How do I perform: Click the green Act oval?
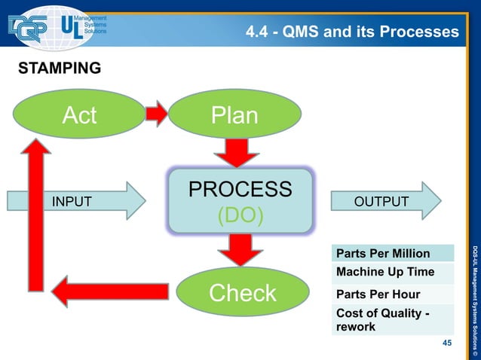point(79,115)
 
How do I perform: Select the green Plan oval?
point(234,115)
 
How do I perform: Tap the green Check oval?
point(243,293)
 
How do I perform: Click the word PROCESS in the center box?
point(240,189)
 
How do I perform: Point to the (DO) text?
point(240,216)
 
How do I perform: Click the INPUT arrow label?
point(72,201)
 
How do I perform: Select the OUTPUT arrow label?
point(381,201)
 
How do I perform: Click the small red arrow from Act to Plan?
point(155,114)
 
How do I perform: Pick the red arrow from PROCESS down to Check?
point(240,249)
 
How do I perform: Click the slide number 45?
point(447,343)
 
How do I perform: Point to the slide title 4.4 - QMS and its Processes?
point(352,32)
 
